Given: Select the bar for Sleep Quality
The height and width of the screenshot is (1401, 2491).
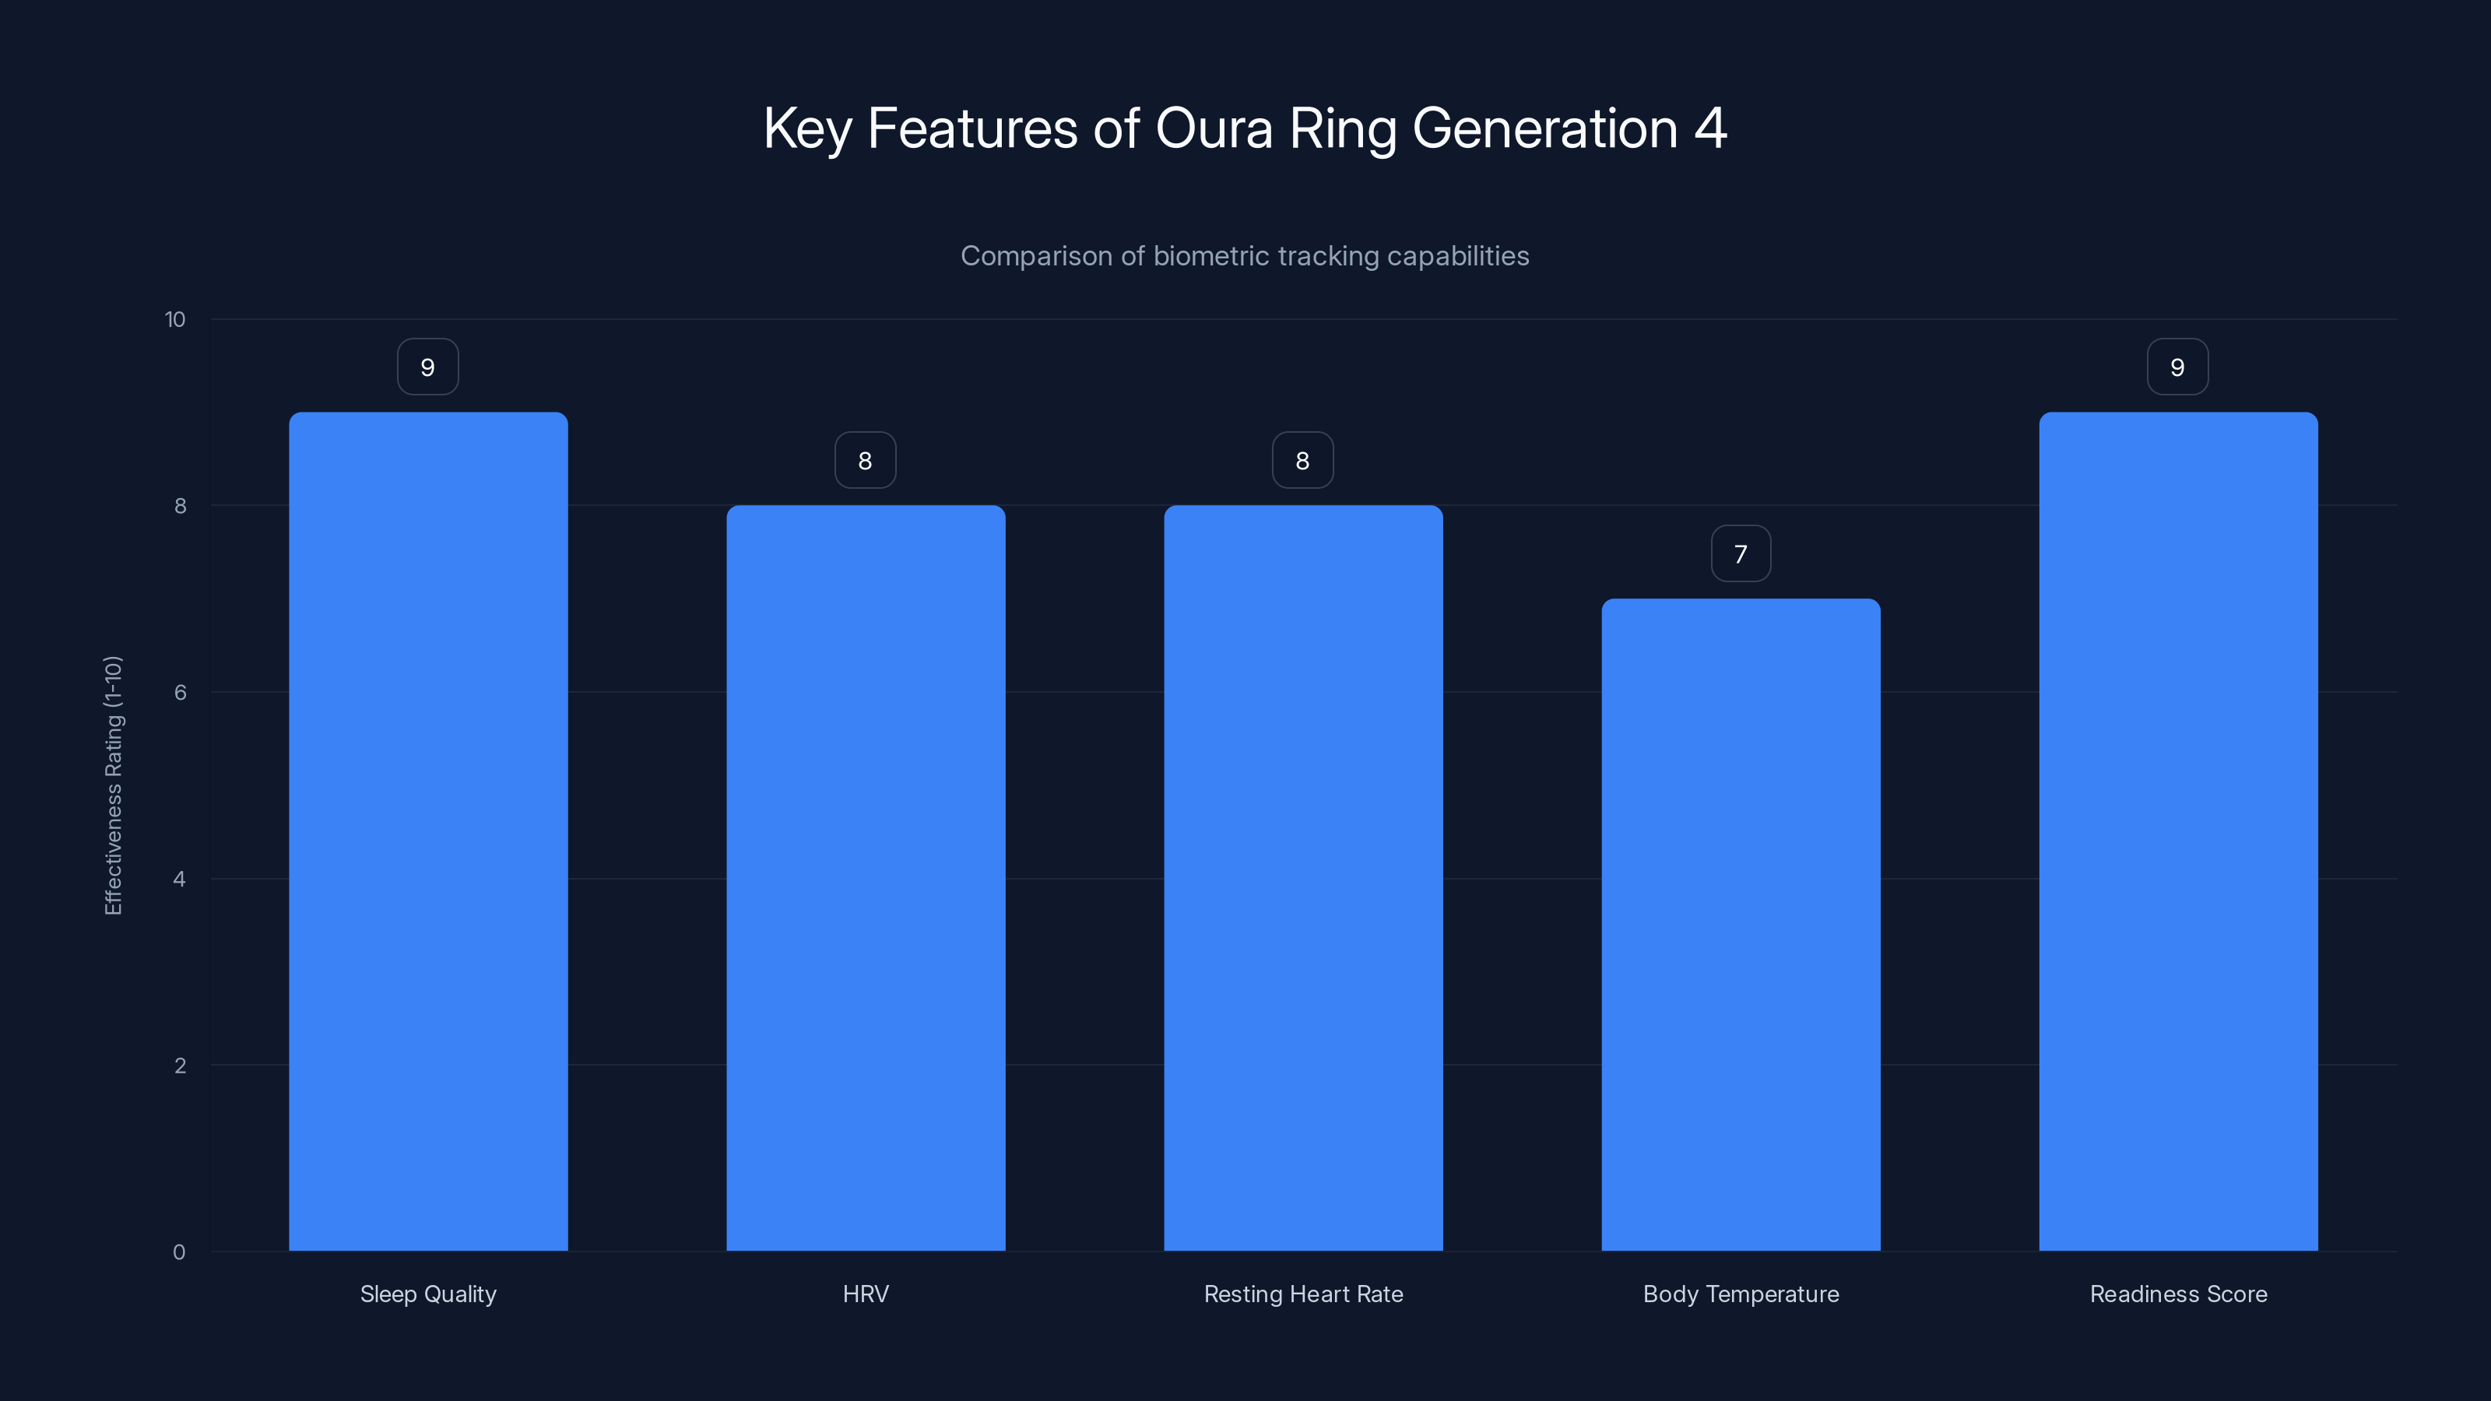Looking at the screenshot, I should pos(428,831).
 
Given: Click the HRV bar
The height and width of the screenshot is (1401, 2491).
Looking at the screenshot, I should pos(866,878).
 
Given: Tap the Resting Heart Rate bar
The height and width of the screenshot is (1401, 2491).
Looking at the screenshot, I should pos(1302,878).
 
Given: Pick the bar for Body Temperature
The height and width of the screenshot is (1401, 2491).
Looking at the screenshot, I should pos(1741,925).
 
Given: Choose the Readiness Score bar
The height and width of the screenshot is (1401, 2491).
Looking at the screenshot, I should pos(2178,831).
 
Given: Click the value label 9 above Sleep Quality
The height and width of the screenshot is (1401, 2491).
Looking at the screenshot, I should pos(428,367).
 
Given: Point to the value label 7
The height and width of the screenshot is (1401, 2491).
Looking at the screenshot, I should pos(1741,554).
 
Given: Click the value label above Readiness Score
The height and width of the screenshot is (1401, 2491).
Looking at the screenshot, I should pos(2178,367).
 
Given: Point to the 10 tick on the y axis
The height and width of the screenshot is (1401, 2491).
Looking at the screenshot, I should pos(175,320).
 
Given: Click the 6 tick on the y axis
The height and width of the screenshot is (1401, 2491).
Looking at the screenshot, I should pos(180,692).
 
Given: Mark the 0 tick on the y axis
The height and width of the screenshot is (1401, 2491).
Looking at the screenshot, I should pos(179,1252).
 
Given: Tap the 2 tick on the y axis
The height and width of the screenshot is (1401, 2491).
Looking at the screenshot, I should pos(180,1066).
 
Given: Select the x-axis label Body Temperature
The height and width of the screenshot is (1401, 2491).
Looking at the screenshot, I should pos(1741,1294).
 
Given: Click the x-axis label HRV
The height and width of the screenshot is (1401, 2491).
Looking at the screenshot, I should pos(866,1294).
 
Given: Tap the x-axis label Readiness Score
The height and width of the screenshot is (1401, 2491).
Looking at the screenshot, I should pos(2178,1294).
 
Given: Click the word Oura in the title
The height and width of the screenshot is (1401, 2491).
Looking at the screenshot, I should pos(1214,128).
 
